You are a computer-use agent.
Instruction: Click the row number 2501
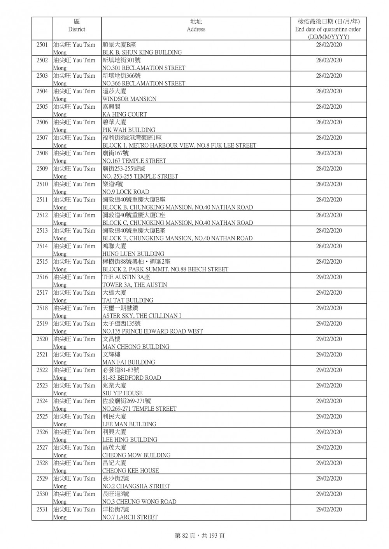[x=42, y=45]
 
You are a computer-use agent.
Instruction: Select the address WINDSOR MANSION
[x=129, y=99]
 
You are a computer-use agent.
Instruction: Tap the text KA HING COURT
[x=124, y=115]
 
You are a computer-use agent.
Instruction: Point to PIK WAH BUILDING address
[x=128, y=130]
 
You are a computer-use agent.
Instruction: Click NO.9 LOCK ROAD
[x=126, y=192]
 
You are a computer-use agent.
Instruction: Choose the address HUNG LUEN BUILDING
[x=133, y=254]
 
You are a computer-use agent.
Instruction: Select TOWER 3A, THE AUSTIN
[x=135, y=285]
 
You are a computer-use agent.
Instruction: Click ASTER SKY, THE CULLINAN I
[x=142, y=316]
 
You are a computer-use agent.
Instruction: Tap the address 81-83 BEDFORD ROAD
[x=131, y=378]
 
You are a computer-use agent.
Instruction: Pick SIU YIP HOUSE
[x=122, y=393]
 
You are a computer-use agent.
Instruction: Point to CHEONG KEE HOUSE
[x=130, y=471]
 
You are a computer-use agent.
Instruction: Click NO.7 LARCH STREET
[x=130, y=517]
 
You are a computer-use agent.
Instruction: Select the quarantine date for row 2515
[x=329, y=262]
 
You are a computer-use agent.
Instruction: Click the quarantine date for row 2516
[x=329, y=277]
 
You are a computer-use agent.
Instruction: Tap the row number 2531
[x=42, y=509]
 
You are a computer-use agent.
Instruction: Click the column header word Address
[x=196, y=30]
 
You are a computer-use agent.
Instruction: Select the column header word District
[x=77, y=30]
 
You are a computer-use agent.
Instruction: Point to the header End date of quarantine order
[x=328, y=30]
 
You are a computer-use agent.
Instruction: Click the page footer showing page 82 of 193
[x=200, y=535]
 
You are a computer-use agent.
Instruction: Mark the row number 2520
[x=42, y=339]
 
